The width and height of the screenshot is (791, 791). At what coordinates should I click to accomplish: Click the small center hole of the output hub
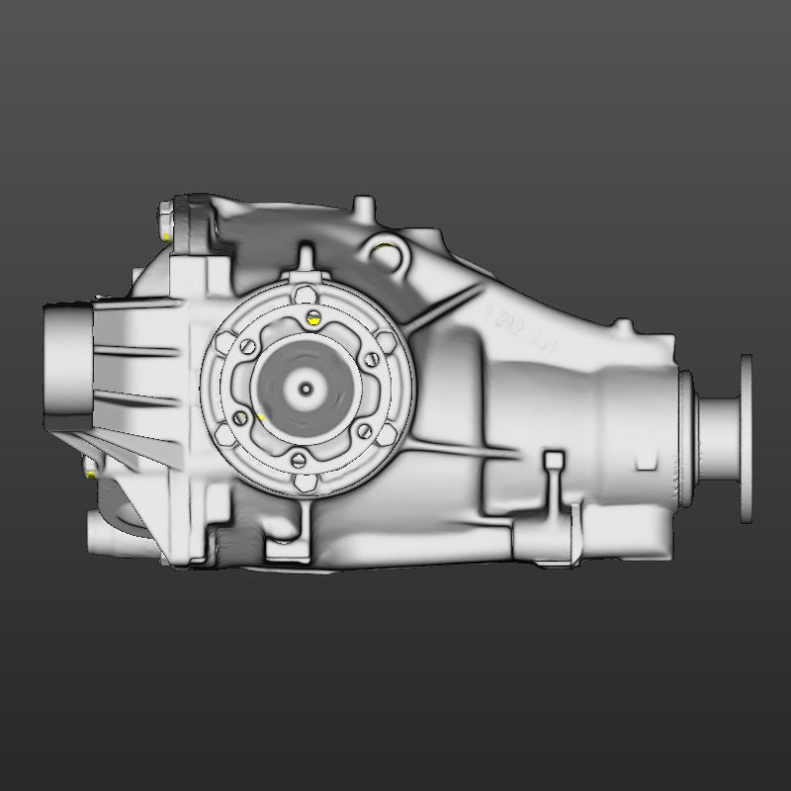(x=306, y=389)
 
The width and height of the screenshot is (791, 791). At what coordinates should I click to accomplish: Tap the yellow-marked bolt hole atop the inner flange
(x=313, y=318)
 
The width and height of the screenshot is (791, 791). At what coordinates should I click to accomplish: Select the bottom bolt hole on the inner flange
(x=298, y=458)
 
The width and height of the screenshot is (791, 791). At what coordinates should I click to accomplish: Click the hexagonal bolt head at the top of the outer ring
(x=305, y=293)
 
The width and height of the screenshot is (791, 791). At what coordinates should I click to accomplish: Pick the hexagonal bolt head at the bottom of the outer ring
(x=306, y=483)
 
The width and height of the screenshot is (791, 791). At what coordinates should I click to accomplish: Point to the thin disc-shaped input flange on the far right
(x=746, y=436)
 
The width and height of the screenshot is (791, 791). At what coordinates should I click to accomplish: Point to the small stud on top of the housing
(x=364, y=208)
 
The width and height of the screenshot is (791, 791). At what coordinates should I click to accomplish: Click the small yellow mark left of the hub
(x=260, y=418)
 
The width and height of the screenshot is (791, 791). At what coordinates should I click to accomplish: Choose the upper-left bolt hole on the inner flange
(x=246, y=346)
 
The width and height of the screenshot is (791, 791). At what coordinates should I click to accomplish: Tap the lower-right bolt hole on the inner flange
(x=363, y=430)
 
